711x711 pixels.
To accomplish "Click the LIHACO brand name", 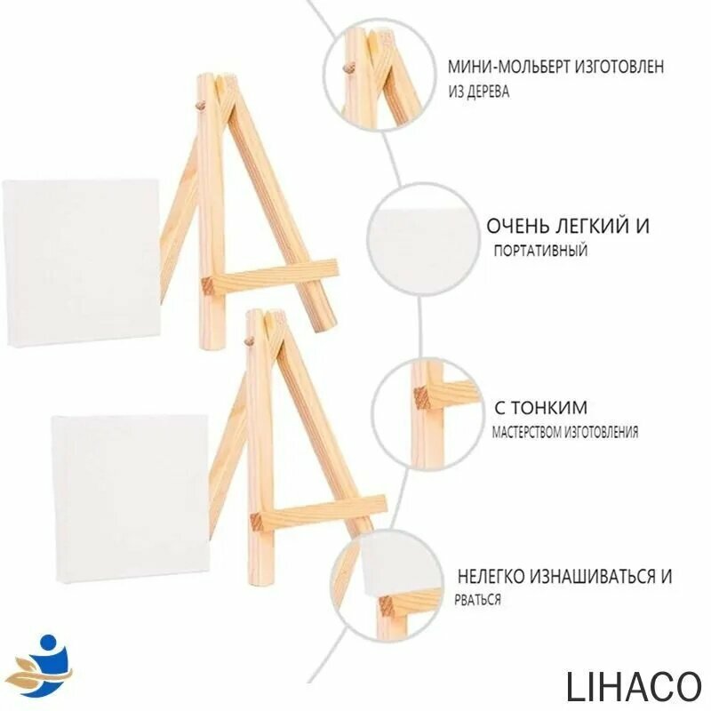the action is pos(634,685).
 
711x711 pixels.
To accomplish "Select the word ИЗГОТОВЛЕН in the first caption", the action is pos(619,67).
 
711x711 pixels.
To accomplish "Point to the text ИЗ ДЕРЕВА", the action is pos(479,92).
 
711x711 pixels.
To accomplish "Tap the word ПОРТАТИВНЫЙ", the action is pos(540,251).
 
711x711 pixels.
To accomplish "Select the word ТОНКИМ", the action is pos(550,408).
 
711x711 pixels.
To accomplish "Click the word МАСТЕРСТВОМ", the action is pos(526,432).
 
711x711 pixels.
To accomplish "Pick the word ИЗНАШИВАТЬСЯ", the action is pos(590,576).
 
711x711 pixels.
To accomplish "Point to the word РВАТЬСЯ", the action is pos(478,600).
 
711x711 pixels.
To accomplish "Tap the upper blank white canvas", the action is pos(82,262).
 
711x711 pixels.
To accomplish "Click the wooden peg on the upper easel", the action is pos(199,107).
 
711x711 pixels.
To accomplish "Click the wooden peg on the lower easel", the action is pos(248,341).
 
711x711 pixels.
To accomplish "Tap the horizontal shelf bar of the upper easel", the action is pos(270,276).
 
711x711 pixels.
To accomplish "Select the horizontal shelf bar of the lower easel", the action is pos(319,513).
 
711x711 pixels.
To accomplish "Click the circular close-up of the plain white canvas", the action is pos(424,239).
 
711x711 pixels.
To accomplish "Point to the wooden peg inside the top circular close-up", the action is pos(348,69).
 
